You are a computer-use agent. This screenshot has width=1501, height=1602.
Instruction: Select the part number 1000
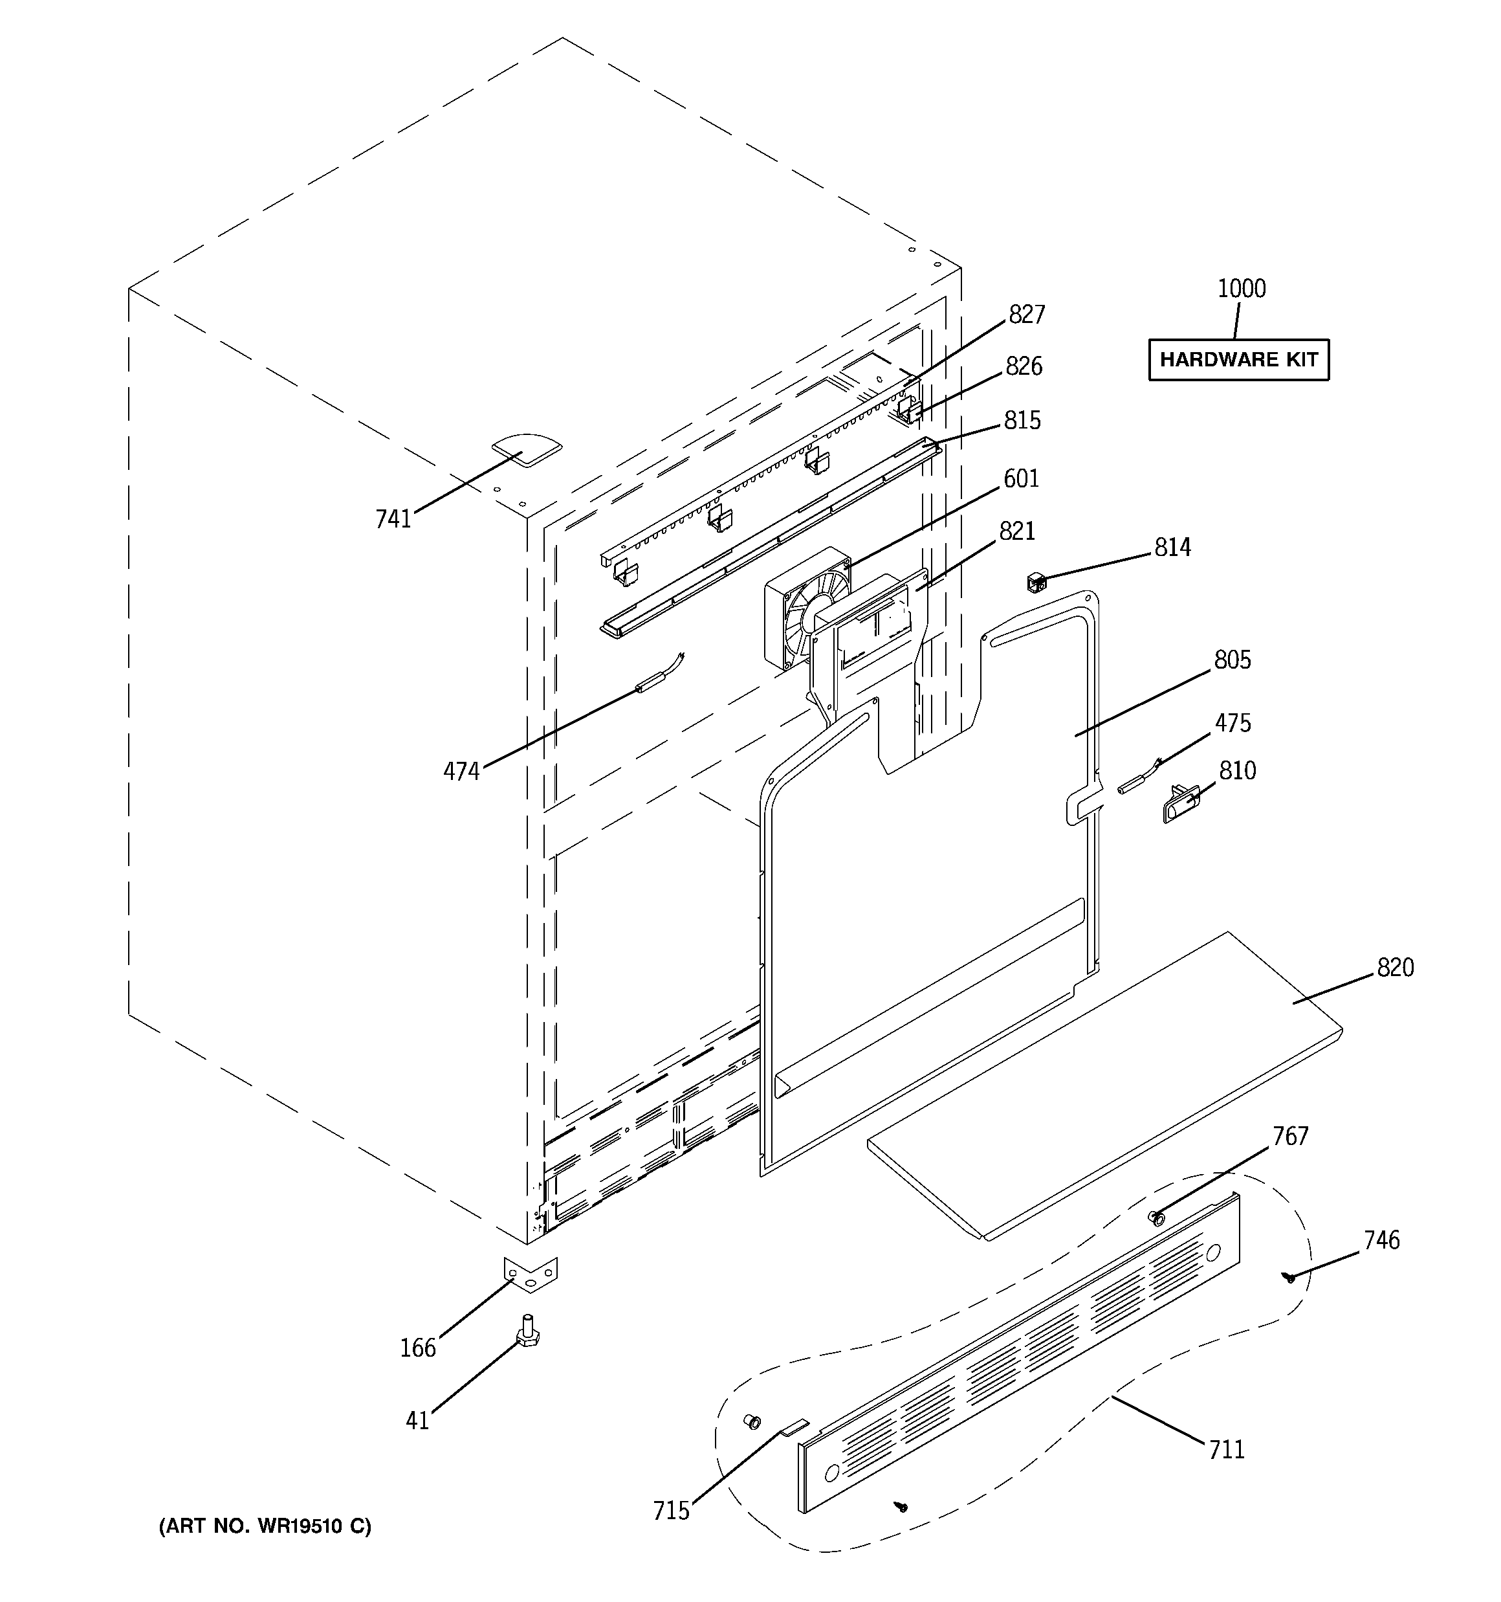tap(1241, 289)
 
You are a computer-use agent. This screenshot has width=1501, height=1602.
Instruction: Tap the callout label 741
tap(393, 520)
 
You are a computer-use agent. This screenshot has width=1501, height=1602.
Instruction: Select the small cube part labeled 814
tap(1035, 581)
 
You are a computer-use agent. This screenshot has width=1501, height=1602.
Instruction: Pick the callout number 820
tap(1395, 967)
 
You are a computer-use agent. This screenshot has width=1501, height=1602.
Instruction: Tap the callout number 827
tap(1027, 315)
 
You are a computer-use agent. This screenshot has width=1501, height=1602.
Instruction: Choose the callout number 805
tap(1232, 660)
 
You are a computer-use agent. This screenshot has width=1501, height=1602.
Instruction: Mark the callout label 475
tap(1233, 723)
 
